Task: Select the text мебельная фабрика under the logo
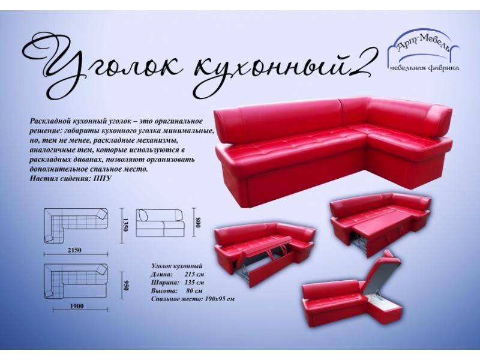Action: coord(424,69)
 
